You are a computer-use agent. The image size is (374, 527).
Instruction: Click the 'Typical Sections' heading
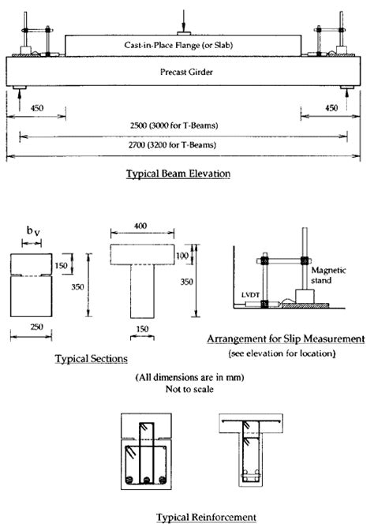point(91,359)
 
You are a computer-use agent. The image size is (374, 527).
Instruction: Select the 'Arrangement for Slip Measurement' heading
point(286,338)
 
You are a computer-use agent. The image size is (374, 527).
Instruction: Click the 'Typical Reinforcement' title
point(185,517)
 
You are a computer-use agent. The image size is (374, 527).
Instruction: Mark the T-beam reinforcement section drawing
point(252,450)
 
